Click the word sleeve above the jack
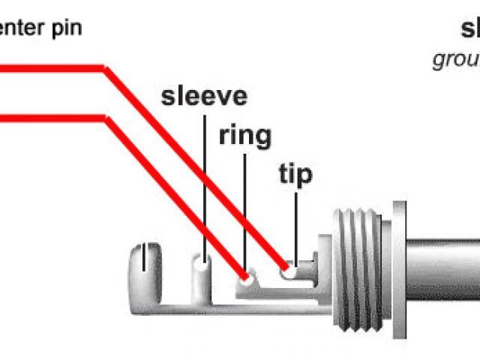204,97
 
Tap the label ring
244,136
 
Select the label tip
295,175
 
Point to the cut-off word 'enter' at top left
20,28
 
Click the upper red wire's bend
105,69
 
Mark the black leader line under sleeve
204,187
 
